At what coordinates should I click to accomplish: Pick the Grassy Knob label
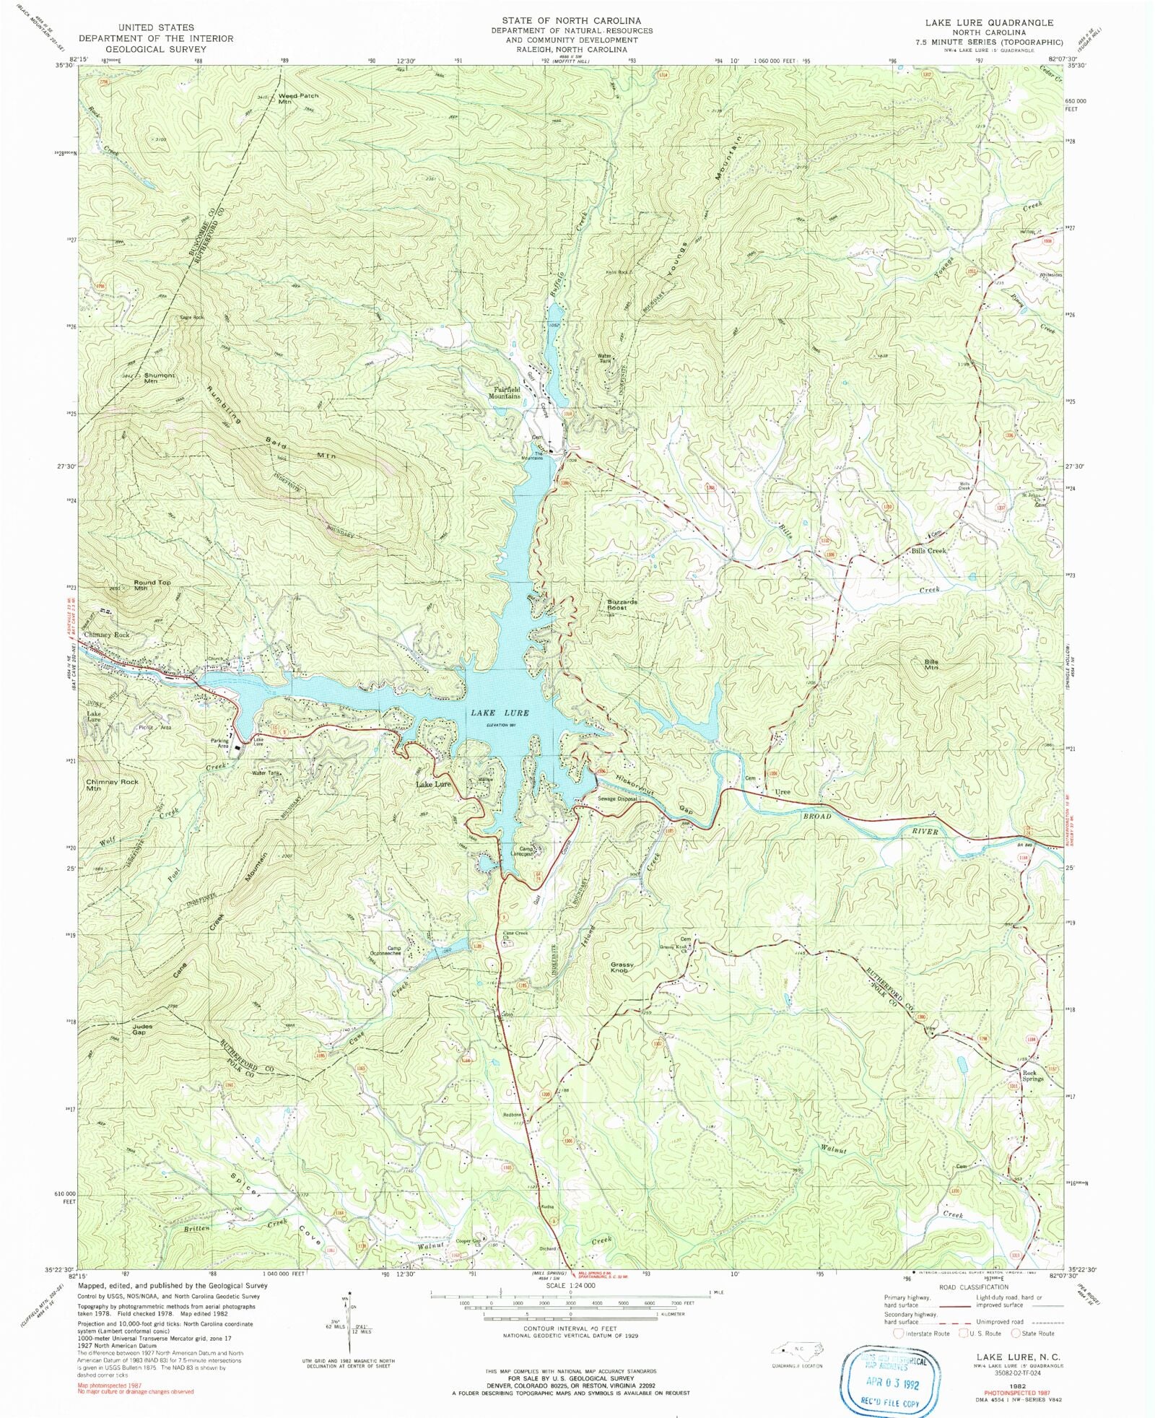622,967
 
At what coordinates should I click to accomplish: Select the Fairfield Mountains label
504,393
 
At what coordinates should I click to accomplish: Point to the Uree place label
782,792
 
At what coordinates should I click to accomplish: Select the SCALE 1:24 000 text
570,1286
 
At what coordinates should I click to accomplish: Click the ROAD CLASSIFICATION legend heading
973,1287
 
